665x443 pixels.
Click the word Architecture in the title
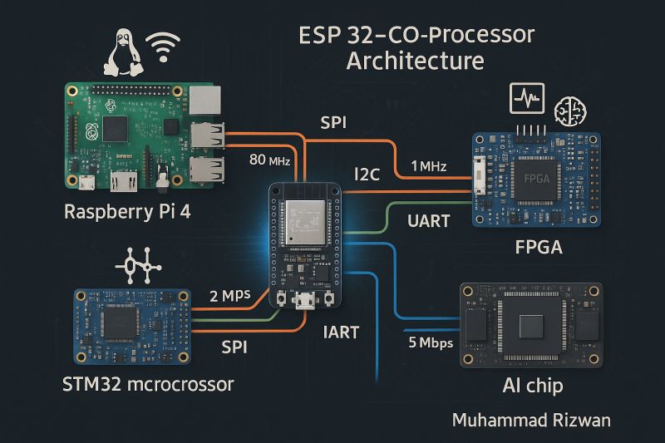(415, 62)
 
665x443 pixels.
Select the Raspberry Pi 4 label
(127, 211)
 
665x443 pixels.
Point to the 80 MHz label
(268, 160)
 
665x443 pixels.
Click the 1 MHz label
(428, 166)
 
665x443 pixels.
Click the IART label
(341, 332)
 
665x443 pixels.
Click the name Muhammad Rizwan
(530, 421)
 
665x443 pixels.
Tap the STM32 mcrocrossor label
(149, 385)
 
